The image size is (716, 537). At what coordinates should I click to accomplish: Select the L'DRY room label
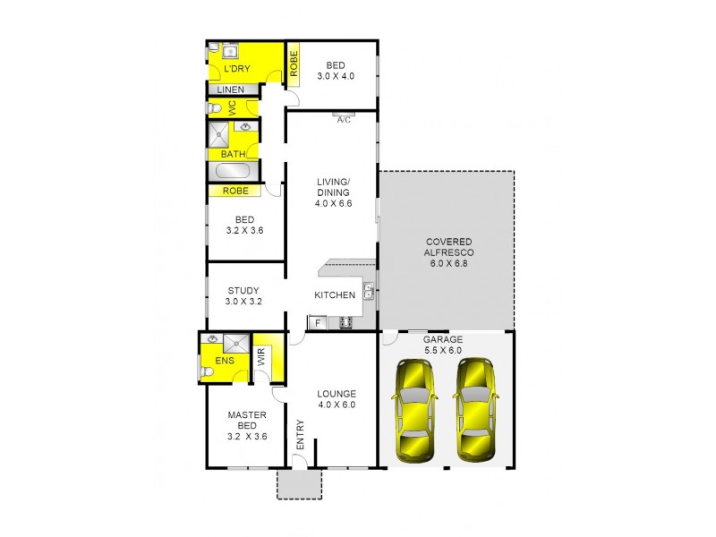[236, 69]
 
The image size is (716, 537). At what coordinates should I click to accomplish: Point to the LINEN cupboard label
[231, 90]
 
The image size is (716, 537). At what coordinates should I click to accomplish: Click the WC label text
[232, 107]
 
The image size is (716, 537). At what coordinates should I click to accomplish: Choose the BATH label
[234, 154]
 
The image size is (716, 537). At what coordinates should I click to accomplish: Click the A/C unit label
[344, 121]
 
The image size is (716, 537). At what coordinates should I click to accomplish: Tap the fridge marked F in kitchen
[316, 322]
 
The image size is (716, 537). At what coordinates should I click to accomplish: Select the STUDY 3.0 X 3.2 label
[243, 295]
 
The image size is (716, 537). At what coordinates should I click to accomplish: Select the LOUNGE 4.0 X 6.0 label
[337, 399]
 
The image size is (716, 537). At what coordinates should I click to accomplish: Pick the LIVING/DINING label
[333, 192]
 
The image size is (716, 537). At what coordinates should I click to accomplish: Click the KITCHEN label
[335, 295]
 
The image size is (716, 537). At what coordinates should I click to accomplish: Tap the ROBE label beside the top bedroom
[293, 64]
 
